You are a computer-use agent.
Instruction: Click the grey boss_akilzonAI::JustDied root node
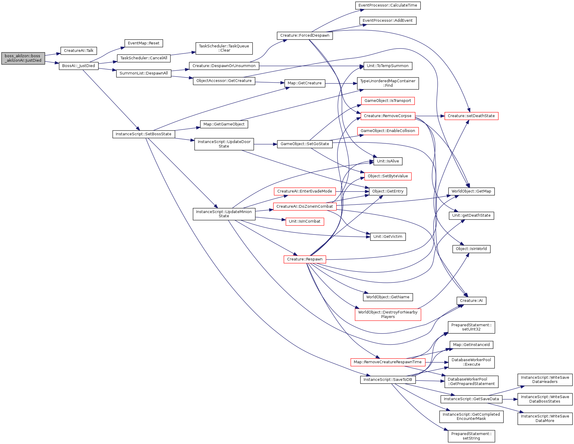pyautogui.click(x=23, y=58)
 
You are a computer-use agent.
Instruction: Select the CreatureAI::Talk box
pyautogui.click(x=79, y=51)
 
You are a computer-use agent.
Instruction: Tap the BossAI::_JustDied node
pyautogui.click(x=79, y=66)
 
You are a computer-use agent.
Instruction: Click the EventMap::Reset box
pyautogui.click(x=143, y=43)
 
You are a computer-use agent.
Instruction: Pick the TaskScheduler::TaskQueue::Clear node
pyautogui.click(x=224, y=48)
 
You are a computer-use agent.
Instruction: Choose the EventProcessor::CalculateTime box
pyautogui.click(x=388, y=5)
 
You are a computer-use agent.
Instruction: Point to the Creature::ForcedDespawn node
pyautogui.click(x=305, y=35)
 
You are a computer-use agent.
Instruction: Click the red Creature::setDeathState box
pyautogui.click(x=471, y=116)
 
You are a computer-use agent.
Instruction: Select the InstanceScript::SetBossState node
pyautogui.click(x=143, y=134)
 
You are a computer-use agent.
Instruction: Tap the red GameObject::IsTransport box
pyautogui.click(x=388, y=101)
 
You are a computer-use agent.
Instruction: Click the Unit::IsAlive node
pyautogui.click(x=388, y=161)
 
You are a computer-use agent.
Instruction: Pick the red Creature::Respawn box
pyautogui.click(x=305, y=259)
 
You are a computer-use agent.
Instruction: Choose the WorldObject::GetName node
pyautogui.click(x=388, y=297)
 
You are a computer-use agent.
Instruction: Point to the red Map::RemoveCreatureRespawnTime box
pyautogui.click(x=388, y=362)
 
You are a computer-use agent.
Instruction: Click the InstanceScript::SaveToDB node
pyautogui.click(x=388, y=380)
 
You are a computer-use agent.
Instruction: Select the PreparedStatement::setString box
pyautogui.click(x=471, y=436)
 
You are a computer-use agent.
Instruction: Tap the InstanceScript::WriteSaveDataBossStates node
pyautogui.click(x=545, y=399)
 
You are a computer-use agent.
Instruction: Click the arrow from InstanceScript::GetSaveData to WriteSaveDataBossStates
pyautogui.click(x=510, y=399)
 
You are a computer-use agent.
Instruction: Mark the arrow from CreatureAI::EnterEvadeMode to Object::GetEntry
pyautogui.click(x=352, y=191)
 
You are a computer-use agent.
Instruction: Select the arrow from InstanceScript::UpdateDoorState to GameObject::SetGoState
pyautogui.click(x=265, y=144)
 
